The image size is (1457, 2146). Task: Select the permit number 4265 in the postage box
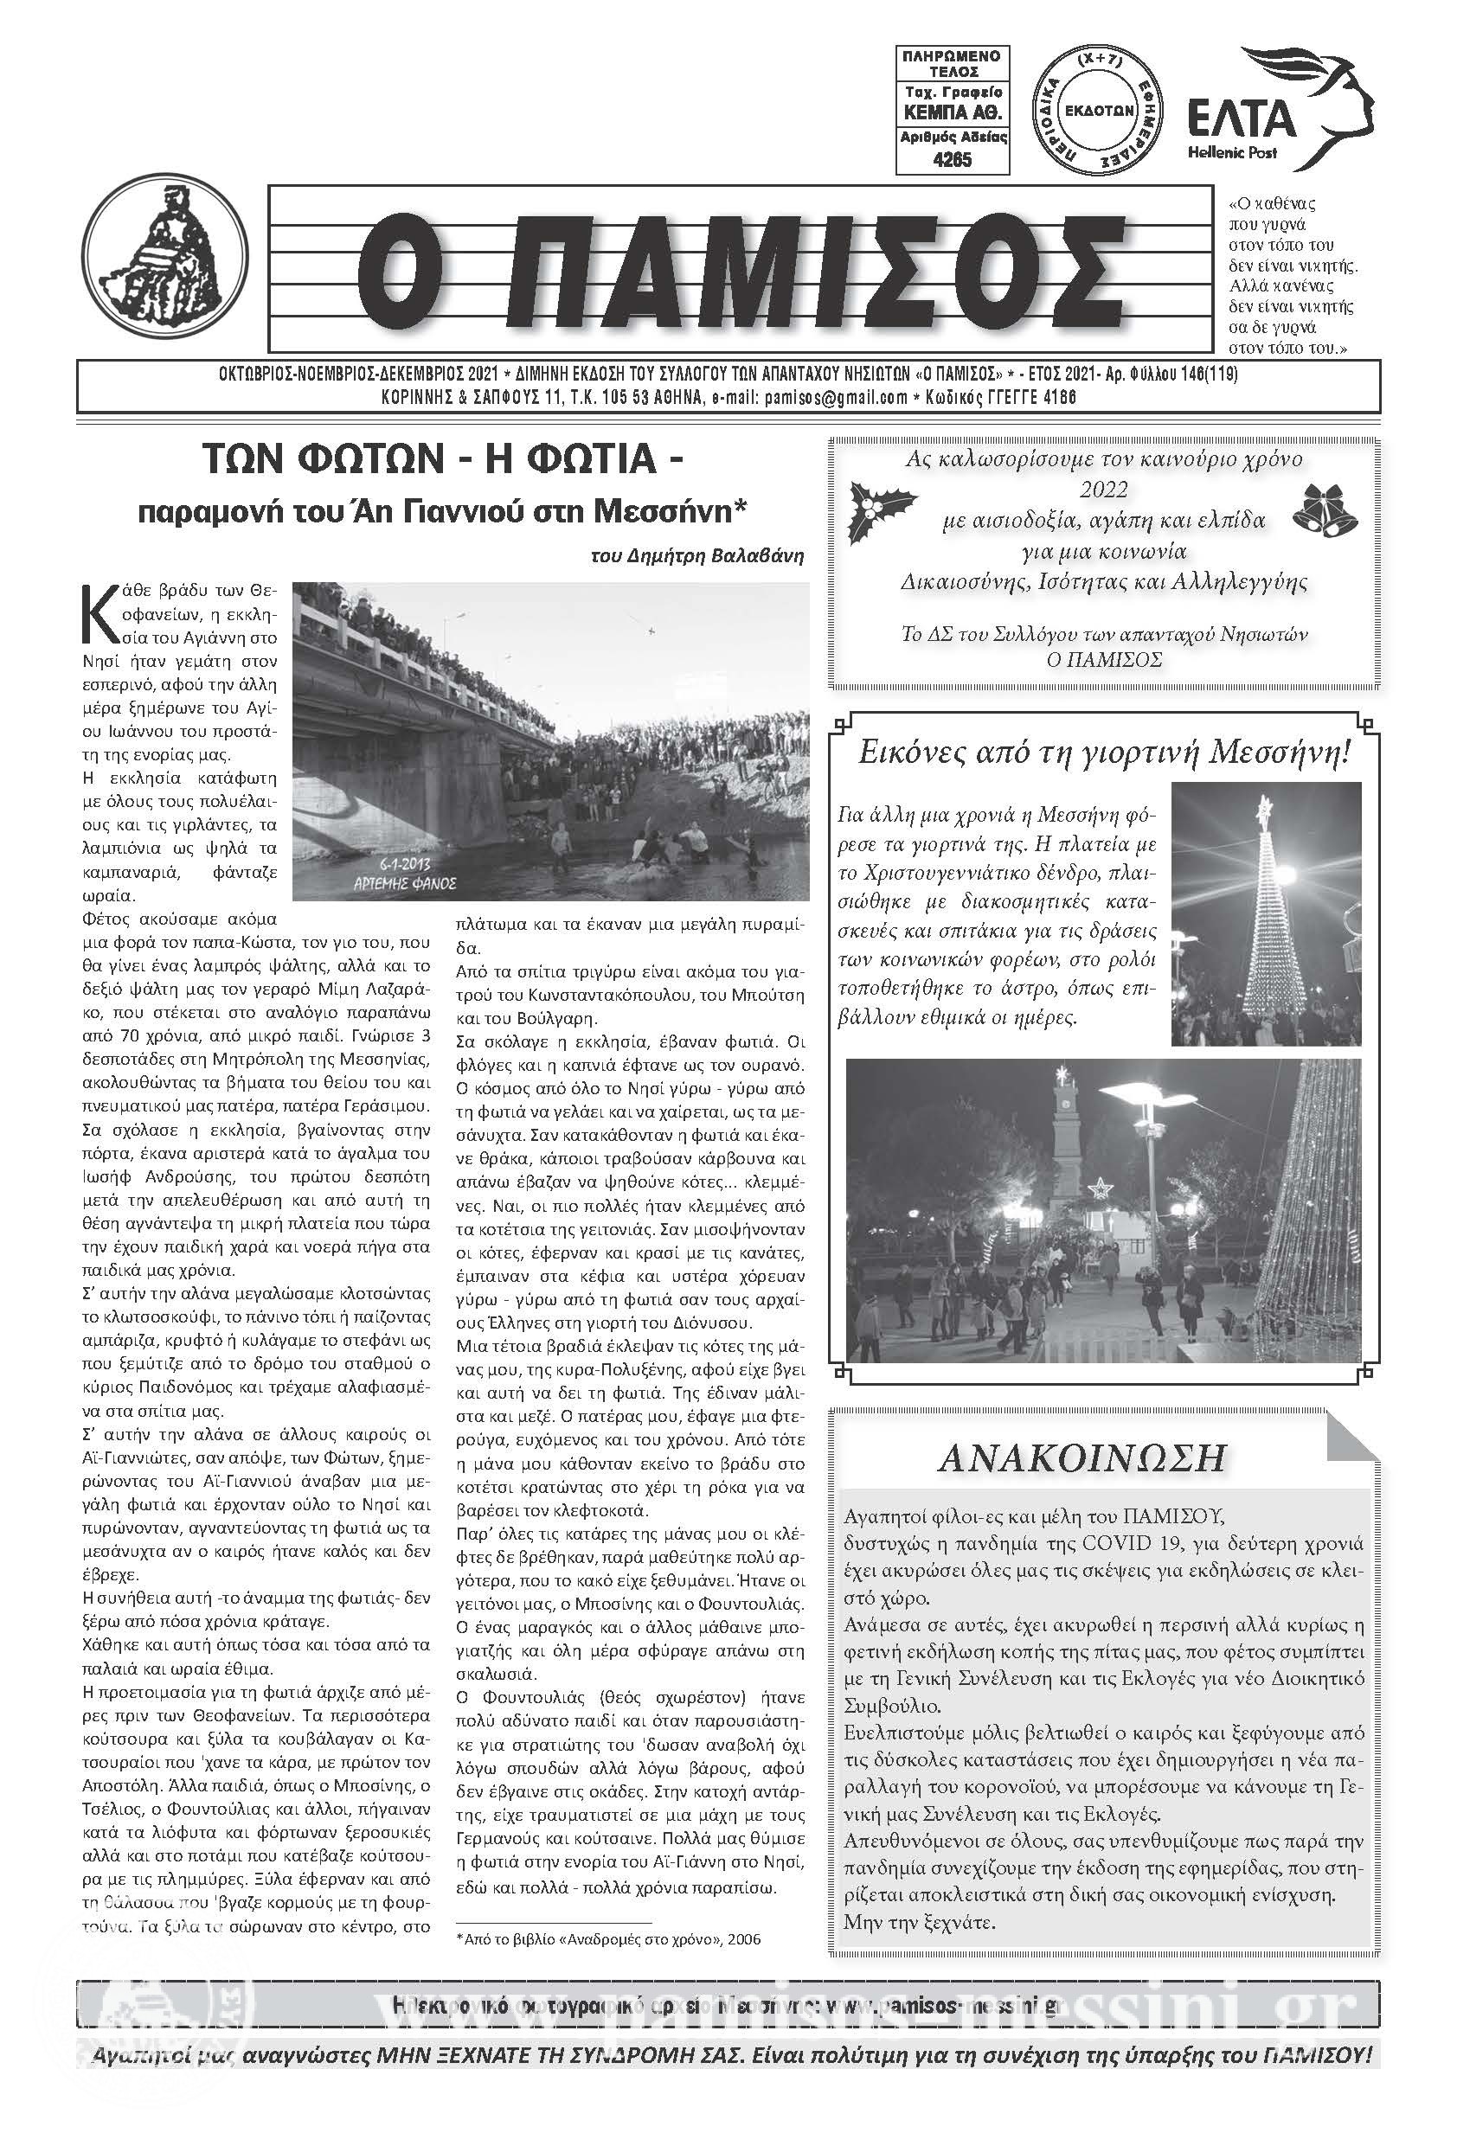pyautogui.click(x=953, y=159)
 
